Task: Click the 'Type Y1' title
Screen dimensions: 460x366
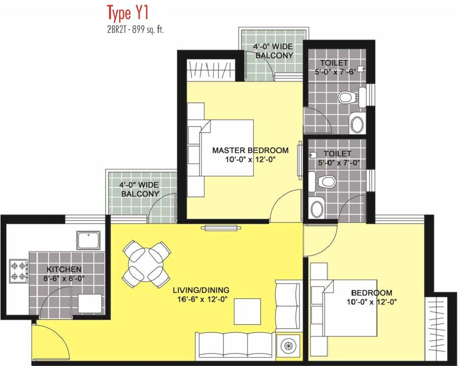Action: tap(128, 13)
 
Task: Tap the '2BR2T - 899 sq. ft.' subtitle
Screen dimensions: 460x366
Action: tap(135, 30)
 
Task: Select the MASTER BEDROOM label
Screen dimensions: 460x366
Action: tap(250, 151)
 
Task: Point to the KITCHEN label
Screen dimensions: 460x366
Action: tap(64, 269)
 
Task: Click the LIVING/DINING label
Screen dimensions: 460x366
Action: tap(201, 290)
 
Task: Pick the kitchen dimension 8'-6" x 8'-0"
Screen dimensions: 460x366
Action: tap(64, 279)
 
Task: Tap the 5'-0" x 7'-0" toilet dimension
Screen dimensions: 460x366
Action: tap(339, 162)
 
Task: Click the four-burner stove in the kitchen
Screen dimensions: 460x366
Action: tap(18, 271)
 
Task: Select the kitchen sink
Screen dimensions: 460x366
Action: tap(88, 240)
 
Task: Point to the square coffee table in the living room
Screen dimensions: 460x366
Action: tap(247, 312)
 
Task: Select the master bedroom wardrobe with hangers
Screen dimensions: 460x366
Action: tap(211, 70)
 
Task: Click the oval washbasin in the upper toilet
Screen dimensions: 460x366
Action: tap(357, 124)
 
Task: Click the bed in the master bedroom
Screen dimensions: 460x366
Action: tap(226, 148)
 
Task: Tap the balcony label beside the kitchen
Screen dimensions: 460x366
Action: tap(140, 189)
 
